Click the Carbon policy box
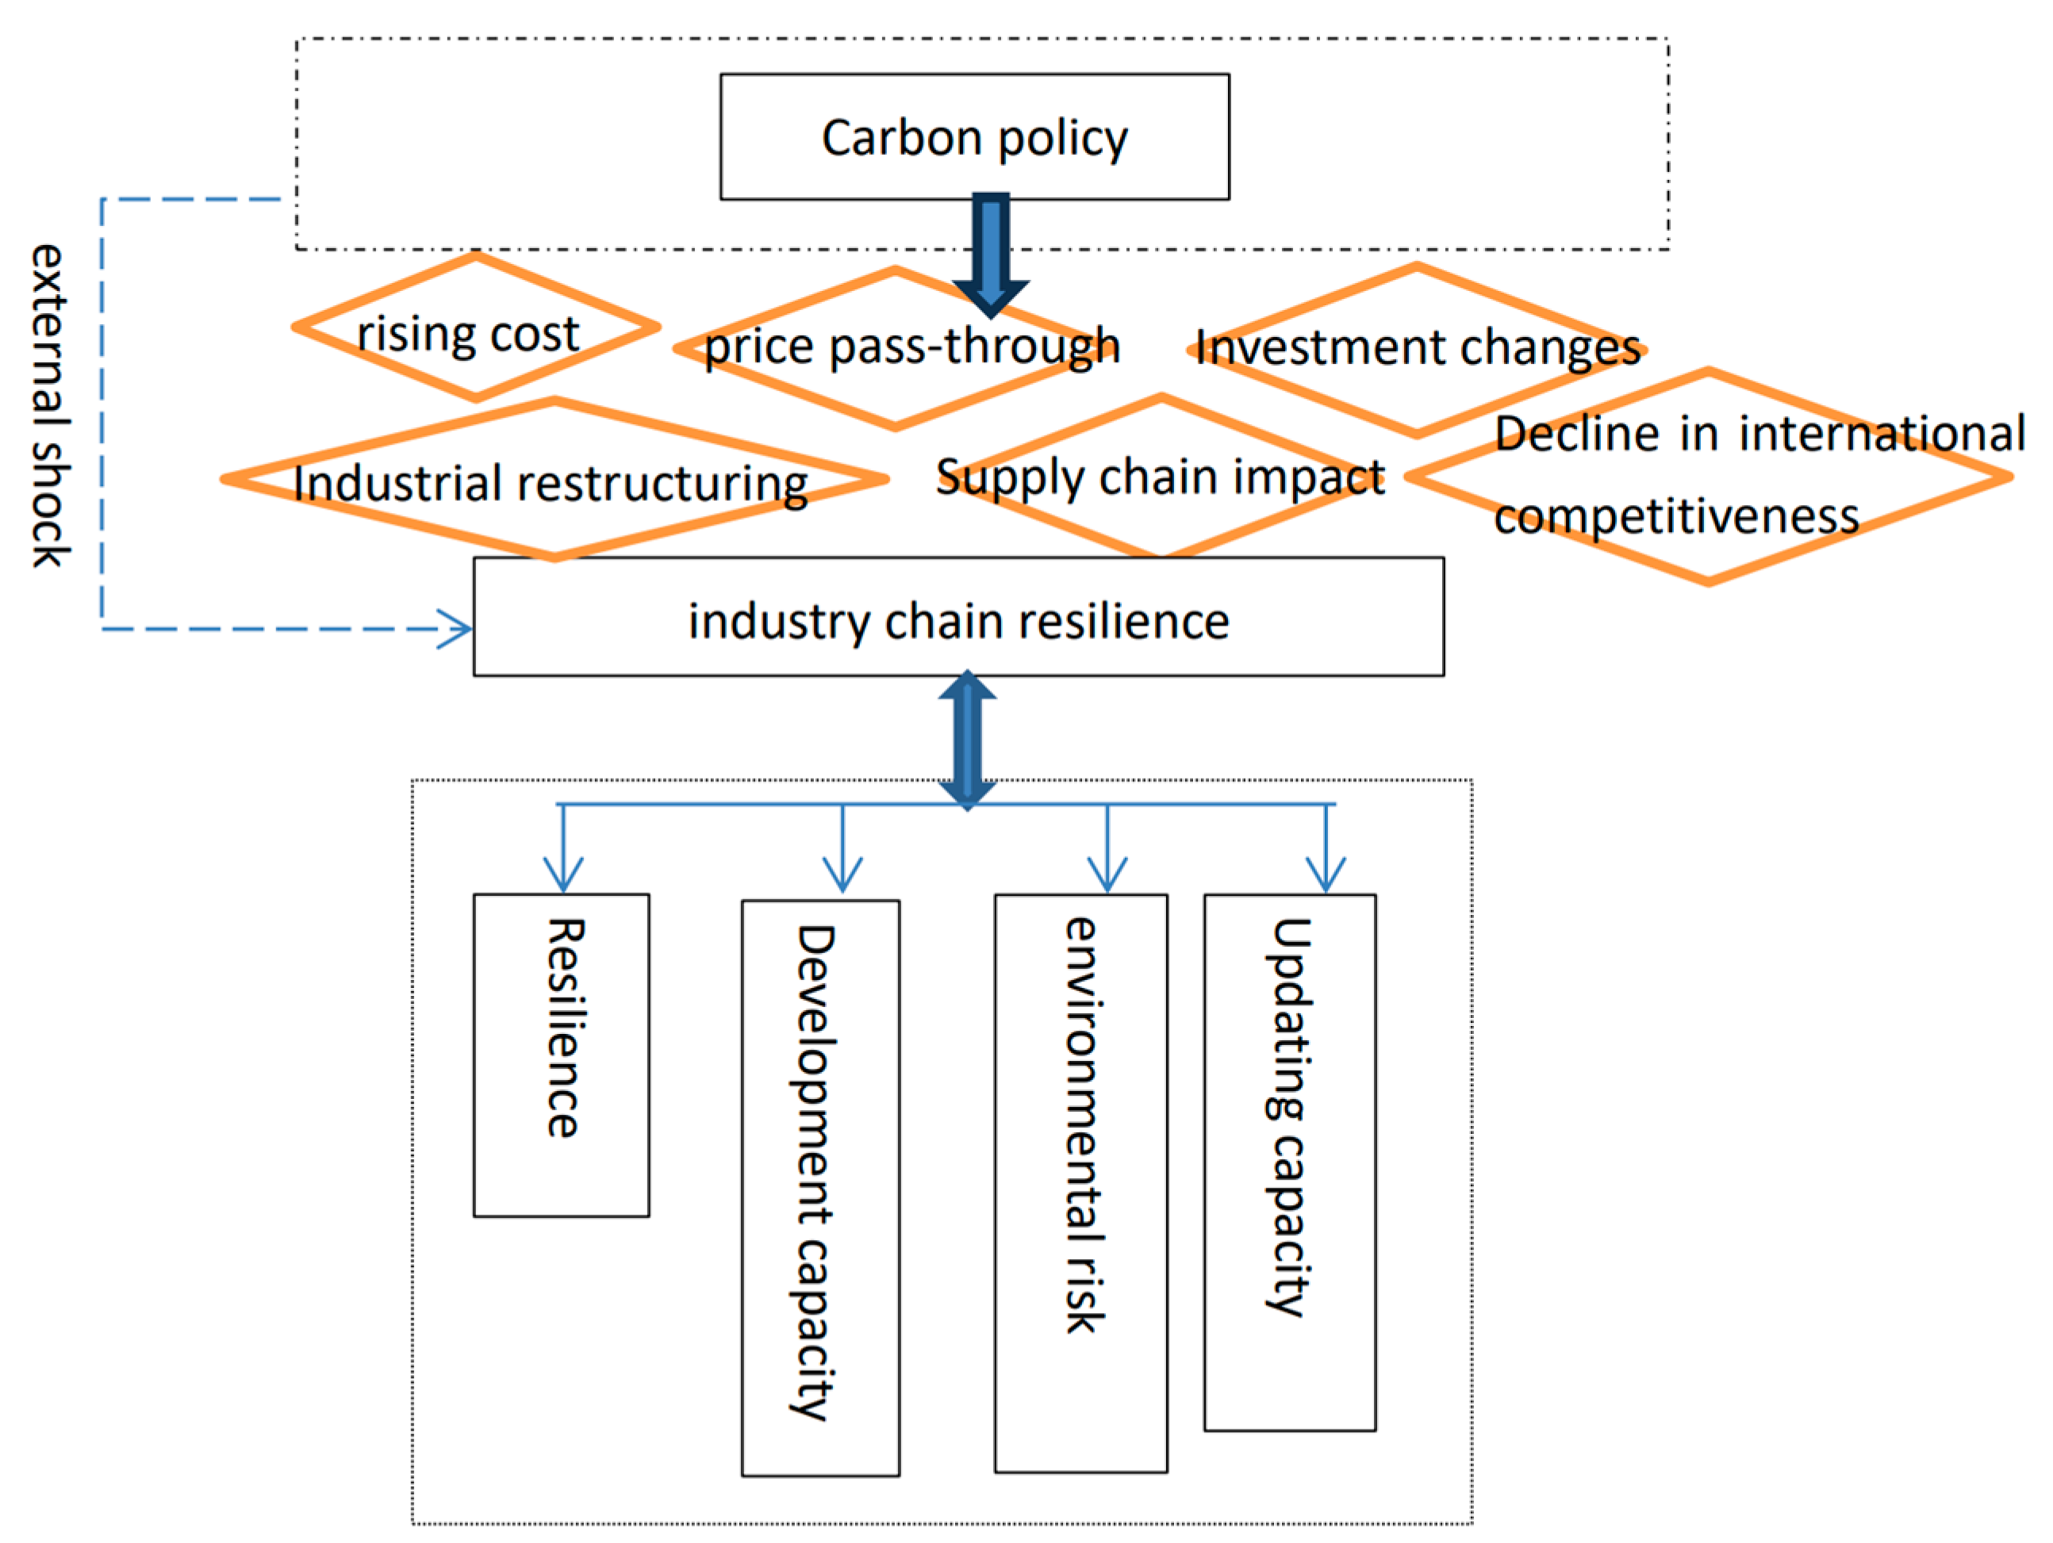click(x=973, y=136)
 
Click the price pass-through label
click(x=911, y=346)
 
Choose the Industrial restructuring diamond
click(x=553, y=481)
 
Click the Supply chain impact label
click(x=1159, y=477)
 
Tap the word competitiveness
click(x=1675, y=516)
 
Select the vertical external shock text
click(x=48, y=405)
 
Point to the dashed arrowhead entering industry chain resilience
click(x=457, y=629)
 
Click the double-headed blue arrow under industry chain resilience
click(x=967, y=740)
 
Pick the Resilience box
click(x=561, y=1055)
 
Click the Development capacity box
click(x=819, y=1188)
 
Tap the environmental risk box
click(x=1080, y=1183)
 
